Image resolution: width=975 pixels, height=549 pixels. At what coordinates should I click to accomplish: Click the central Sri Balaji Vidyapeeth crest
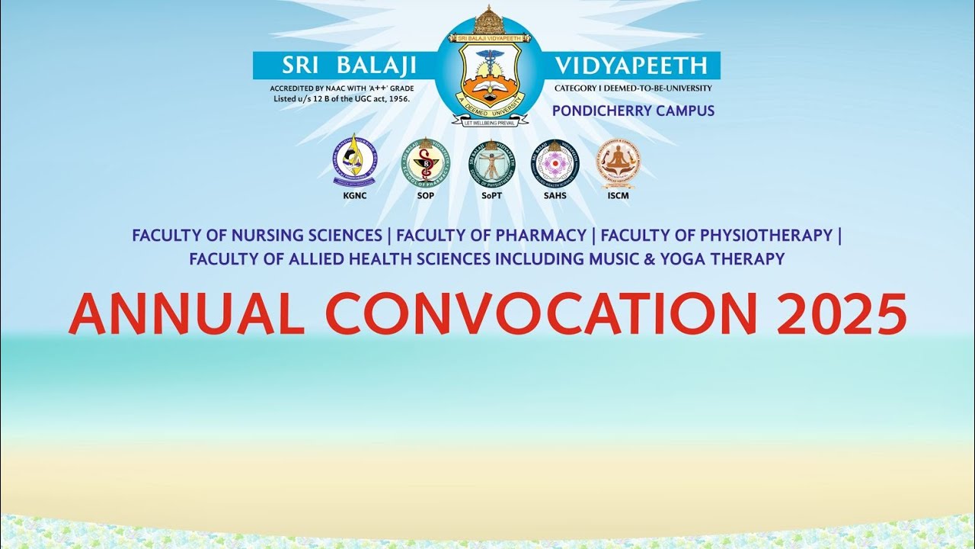tap(490, 72)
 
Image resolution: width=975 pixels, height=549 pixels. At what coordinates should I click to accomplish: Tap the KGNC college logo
tap(355, 162)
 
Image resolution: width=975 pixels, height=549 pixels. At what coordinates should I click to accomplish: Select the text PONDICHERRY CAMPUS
tap(633, 111)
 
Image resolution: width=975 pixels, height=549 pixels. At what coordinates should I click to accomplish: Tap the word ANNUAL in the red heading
tap(186, 314)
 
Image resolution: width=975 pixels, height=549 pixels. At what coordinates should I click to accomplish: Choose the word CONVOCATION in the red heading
tap(541, 314)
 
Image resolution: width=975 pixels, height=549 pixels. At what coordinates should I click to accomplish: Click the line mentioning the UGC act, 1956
tap(342, 99)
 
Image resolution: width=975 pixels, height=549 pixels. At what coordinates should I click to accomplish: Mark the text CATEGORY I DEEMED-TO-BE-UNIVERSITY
tap(633, 88)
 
